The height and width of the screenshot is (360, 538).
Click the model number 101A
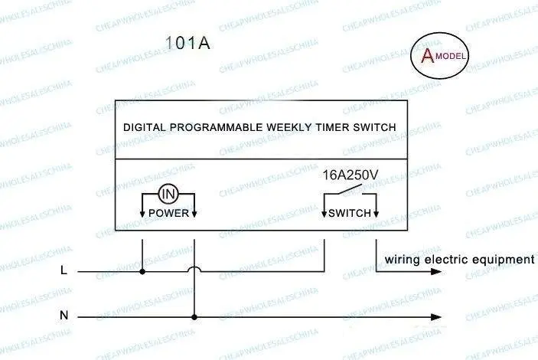tap(187, 43)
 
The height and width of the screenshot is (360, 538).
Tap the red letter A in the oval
tap(428, 55)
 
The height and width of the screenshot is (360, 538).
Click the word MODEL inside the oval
tap(451, 56)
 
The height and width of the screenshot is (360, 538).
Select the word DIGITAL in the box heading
tap(145, 127)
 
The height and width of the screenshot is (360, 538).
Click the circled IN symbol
tap(168, 194)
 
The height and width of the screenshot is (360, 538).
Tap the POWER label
tap(168, 214)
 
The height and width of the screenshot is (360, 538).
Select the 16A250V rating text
tap(350, 175)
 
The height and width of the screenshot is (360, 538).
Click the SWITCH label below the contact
tap(350, 214)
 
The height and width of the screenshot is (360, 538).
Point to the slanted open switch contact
tap(351, 189)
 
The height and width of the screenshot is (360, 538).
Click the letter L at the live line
tap(64, 270)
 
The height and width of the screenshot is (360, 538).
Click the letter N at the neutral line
tap(64, 315)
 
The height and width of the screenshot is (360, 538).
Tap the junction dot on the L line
tap(142, 272)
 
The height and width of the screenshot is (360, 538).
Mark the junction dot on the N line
tap(194, 317)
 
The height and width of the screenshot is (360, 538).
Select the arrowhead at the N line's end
tap(435, 317)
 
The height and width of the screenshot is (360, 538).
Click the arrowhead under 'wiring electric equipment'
tap(435, 272)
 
